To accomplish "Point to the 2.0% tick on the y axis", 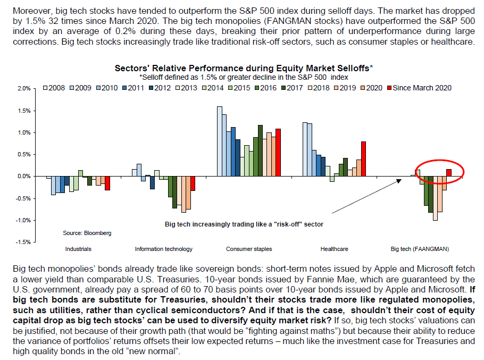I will (x=23, y=88).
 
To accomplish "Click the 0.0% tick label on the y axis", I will (x=23, y=176).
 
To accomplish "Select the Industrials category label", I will (x=78, y=249).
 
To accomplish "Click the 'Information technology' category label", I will (x=164, y=249).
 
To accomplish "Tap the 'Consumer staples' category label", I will (x=249, y=249).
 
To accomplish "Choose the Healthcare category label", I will (x=333, y=249).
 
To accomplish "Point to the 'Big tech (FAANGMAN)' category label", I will (x=420, y=249).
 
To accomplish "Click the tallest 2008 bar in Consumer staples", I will (x=220, y=141).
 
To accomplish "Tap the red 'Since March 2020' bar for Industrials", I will (x=107, y=183).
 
